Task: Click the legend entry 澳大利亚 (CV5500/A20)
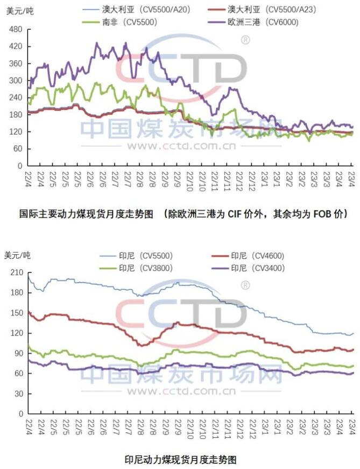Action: pos(146,9)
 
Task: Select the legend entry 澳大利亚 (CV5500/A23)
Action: pos(271,9)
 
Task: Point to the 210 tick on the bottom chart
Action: pos(16,273)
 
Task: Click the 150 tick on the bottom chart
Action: pos(16,313)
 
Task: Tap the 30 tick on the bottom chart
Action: pos(18,394)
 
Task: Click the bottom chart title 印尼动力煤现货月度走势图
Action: pos(180,445)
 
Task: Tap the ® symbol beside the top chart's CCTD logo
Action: pos(245,40)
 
